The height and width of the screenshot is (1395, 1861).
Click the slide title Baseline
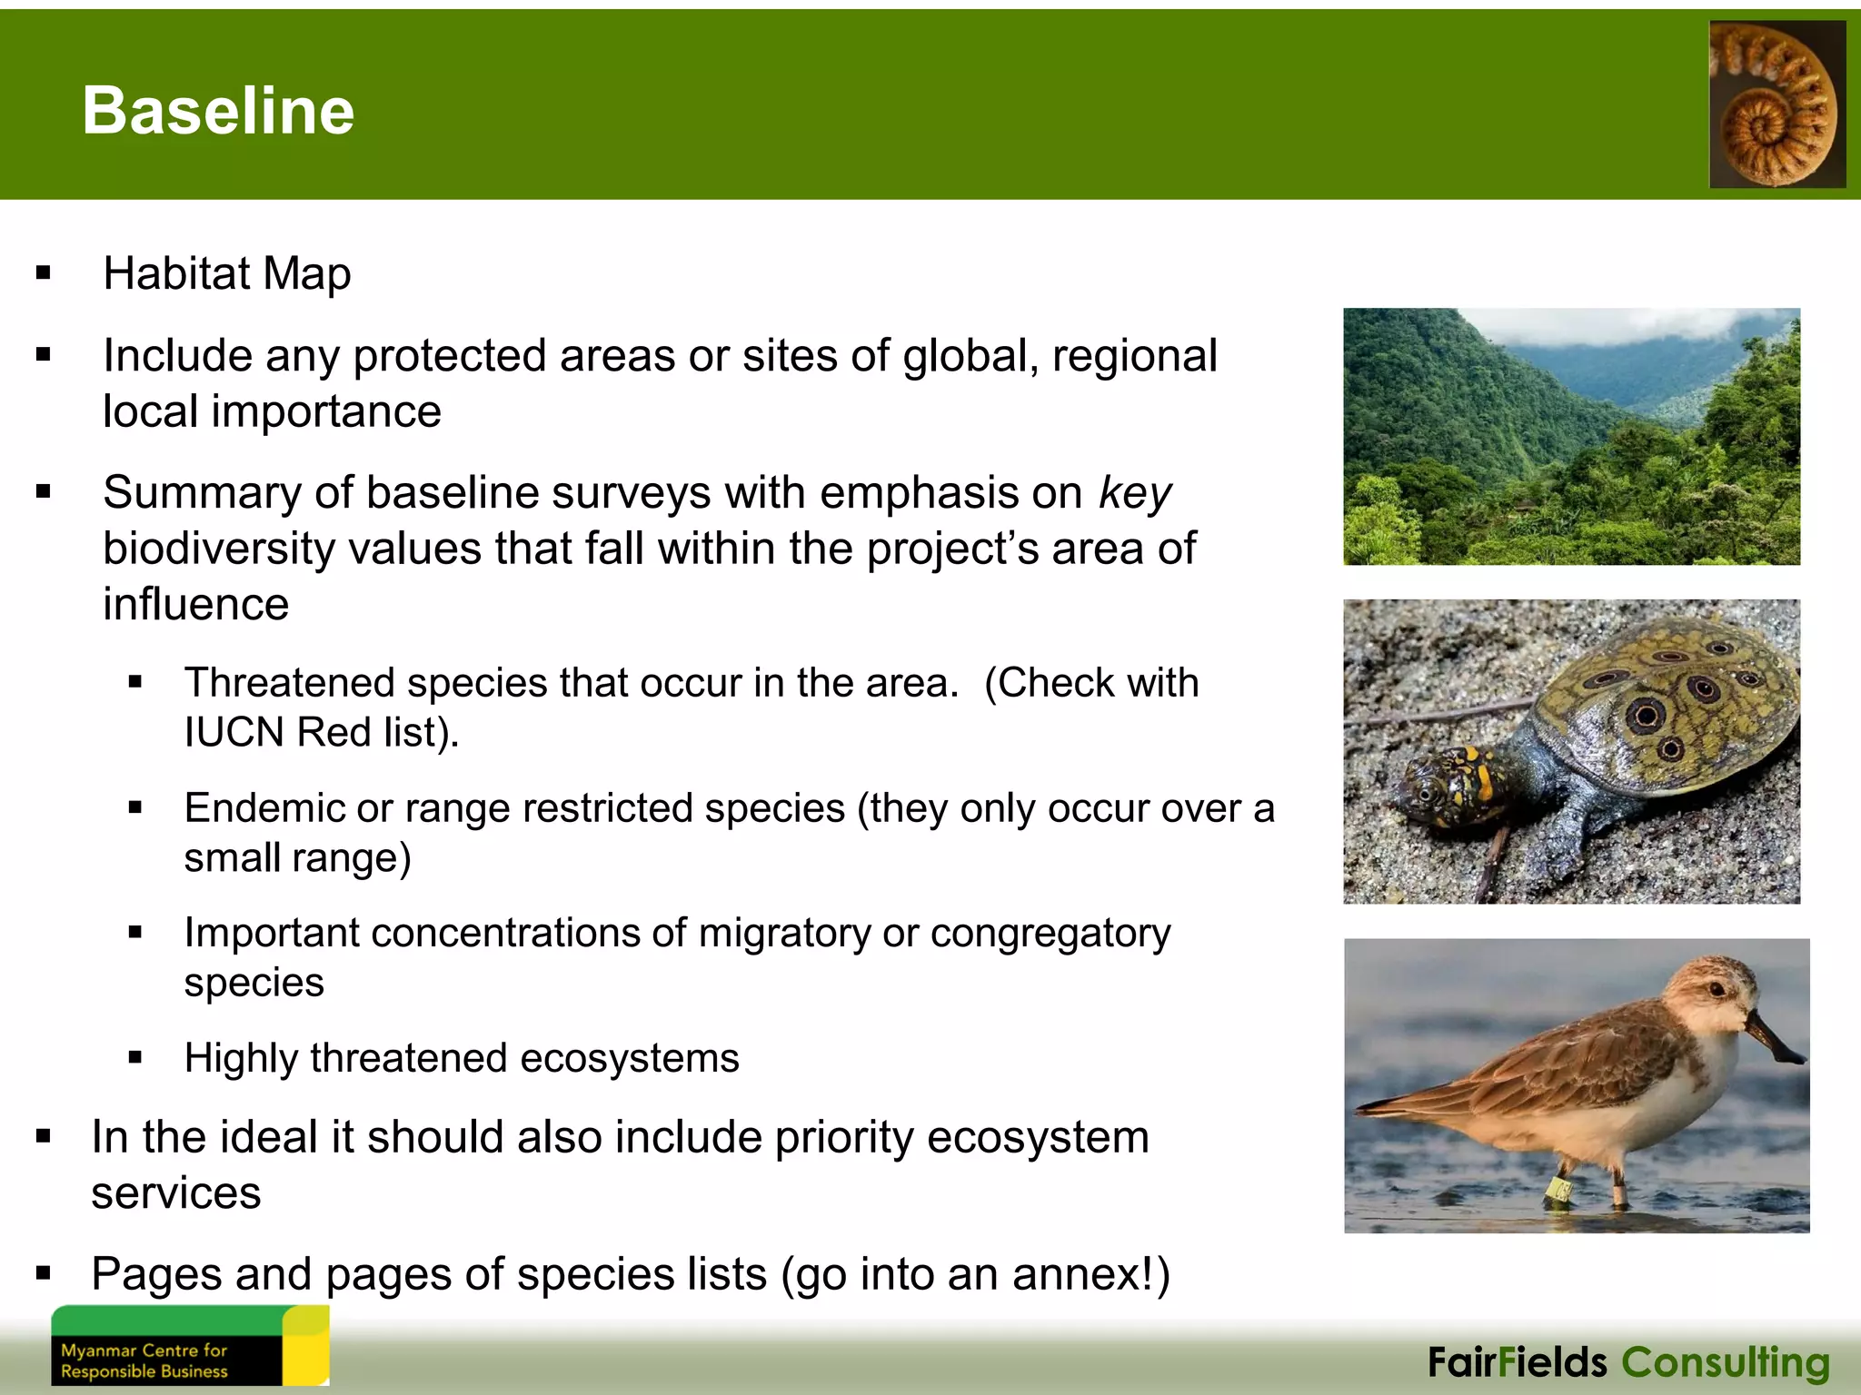pyautogui.click(x=218, y=110)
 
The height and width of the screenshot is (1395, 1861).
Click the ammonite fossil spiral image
pyautogui.click(x=1776, y=104)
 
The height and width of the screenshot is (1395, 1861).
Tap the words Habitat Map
pyautogui.click(x=227, y=273)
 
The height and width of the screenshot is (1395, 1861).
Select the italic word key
pyautogui.click(x=1135, y=493)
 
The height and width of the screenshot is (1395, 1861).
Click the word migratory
pyautogui.click(x=784, y=934)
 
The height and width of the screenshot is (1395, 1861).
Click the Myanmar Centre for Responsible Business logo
pyautogui.click(x=189, y=1346)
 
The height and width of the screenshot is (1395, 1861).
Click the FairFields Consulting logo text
pyautogui.click(x=1628, y=1362)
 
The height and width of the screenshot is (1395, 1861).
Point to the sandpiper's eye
pyautogui.click(x=1717, y=988)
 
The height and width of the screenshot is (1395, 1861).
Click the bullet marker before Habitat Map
pyautogui.click(x=43, y=273)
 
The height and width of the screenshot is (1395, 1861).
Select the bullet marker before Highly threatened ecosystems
pyautogui.click(x=135, y=1057)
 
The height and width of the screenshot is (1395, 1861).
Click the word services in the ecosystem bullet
pyautogui.click(x=176, y=1193)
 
